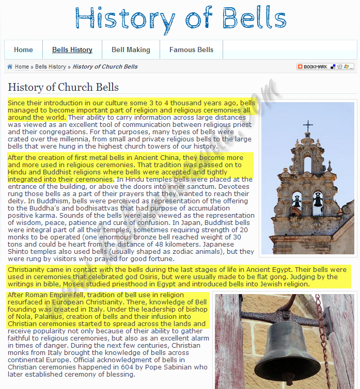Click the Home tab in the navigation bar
click(x=23, y=50)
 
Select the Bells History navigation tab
click(x=72, y=50)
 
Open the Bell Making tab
click(x=131, y=50)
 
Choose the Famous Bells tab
click(x=191, y=50)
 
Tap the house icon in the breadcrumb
click(x=10, y=67)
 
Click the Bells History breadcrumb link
click(x=50, y=67)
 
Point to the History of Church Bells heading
click(x=63, y=87)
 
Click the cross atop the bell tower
click(x=308, y=126)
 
